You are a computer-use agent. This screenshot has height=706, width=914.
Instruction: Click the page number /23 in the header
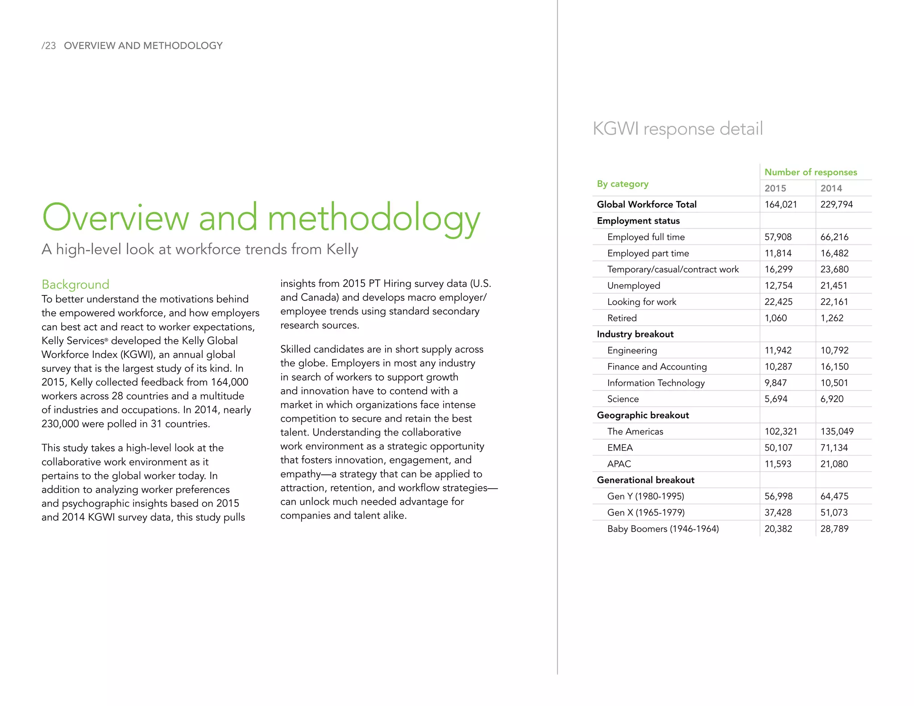click(x=49, y=46)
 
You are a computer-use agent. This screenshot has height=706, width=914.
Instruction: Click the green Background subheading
click(x=75, y=284)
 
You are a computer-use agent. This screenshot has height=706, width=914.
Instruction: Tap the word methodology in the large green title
click(x=374, y=218)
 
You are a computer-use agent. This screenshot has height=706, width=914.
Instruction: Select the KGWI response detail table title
click(x=677, y=129)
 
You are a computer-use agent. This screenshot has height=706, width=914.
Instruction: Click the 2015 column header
click(x=775, y=188)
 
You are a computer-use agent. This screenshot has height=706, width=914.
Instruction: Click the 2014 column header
click(x=831, y=188)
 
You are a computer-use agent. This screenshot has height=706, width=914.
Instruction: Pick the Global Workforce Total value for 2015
click(x=781, y=204)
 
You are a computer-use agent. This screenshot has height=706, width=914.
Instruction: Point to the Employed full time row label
click(x=646, y=237)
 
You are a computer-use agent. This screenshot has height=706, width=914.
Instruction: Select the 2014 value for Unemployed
click(x=834, y=286)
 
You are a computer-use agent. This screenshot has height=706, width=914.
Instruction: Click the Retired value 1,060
click(x=776, y=318)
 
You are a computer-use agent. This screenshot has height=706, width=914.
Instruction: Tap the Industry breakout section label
click(x=635, y=334)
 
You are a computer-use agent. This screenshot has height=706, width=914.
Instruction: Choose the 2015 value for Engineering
click(x=778, y=350)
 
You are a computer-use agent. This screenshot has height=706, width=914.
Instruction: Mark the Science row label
click(x=623, y=399)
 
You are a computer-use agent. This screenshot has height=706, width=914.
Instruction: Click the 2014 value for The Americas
click(x=837, y=432)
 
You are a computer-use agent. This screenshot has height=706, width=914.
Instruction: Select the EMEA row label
click(x=620, y=448)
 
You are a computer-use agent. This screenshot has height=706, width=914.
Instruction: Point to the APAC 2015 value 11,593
click(x=778, y=464)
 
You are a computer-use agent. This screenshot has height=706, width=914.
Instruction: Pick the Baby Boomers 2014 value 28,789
click(x=834, y=529)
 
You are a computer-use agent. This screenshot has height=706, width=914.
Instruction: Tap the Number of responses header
click(x=810, y=172)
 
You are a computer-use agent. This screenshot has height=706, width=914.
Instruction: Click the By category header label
click(x=623, y=184)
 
